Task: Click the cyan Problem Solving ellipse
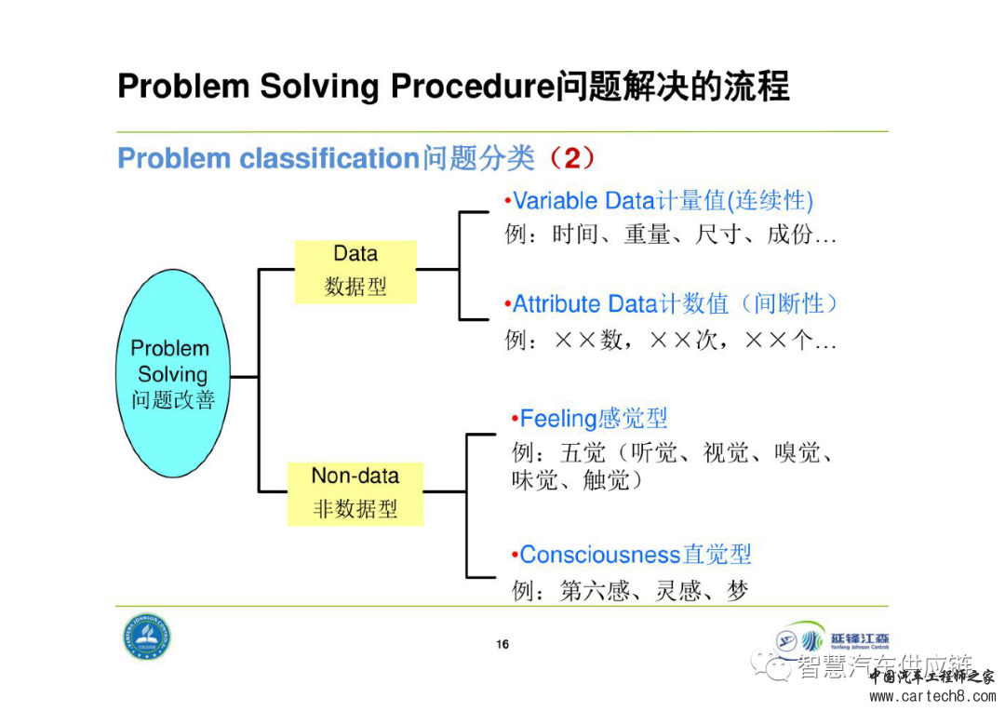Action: point(174,373)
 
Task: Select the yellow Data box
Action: point(355,270)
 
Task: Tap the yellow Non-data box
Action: point(355,492)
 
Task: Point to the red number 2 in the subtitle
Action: point(571,157)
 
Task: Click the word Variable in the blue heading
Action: point(556,200)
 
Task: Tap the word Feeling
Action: point(557,419)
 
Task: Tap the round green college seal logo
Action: point(148,637)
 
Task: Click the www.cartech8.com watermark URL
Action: point(930,696)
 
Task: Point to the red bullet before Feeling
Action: point(515,420)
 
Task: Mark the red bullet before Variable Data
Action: point(508,201)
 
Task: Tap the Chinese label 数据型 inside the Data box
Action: point(355,287)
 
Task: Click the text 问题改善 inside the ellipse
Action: point(173,400)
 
